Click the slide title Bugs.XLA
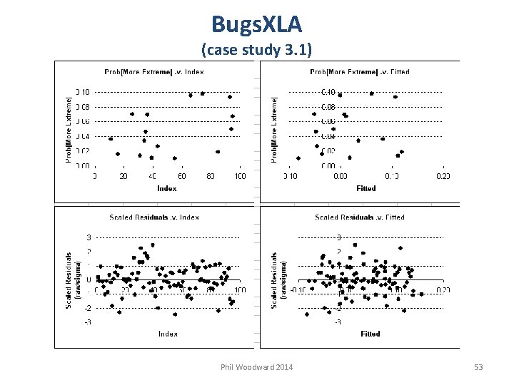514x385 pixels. click(256, 24)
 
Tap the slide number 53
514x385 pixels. click(478, 367)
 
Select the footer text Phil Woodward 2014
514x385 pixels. click(256, 367)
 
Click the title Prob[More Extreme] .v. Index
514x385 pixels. click(154, 71)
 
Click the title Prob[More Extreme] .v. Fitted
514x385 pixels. click(360, 71)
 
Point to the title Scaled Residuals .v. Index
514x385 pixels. click(154, 217)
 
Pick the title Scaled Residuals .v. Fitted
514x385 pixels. click(360, 217)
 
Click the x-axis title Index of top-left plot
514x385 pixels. click(167, 188)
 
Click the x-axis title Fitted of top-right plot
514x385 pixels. click(366, 188)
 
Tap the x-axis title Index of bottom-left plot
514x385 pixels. click(168, 334)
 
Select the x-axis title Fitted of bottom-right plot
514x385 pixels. click(371, 334)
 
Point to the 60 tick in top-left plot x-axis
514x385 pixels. click(181, 176)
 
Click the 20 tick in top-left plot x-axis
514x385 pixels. click(124, 176)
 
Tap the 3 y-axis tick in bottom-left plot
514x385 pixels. click(89, 237)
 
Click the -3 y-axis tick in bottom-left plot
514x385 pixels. click(88, 322)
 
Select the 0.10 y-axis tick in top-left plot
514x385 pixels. click(83, 92)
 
